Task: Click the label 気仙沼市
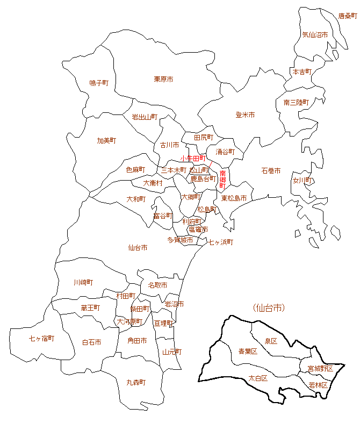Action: coord(315,34)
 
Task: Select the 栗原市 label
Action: coord(163,79)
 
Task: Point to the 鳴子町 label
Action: coord(99,83)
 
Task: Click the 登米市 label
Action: coord(245,115)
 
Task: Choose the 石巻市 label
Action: coord(271,170)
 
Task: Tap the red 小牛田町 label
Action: coord(193,159)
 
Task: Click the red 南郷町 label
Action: coord(222,180)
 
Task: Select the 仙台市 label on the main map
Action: coord(138,248)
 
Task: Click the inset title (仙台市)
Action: coord(268,308)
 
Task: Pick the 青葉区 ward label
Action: coord(248,351)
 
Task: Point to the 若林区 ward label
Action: coord(318,385)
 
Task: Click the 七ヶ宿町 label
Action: coord(41,338)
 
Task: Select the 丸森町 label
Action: coord(136,382)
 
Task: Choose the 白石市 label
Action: coord(91,342)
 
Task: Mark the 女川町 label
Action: coord(303,181)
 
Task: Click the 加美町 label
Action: coord(106,140)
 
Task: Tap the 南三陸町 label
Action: coord(296,102)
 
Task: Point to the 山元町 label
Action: coord(172,352)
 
